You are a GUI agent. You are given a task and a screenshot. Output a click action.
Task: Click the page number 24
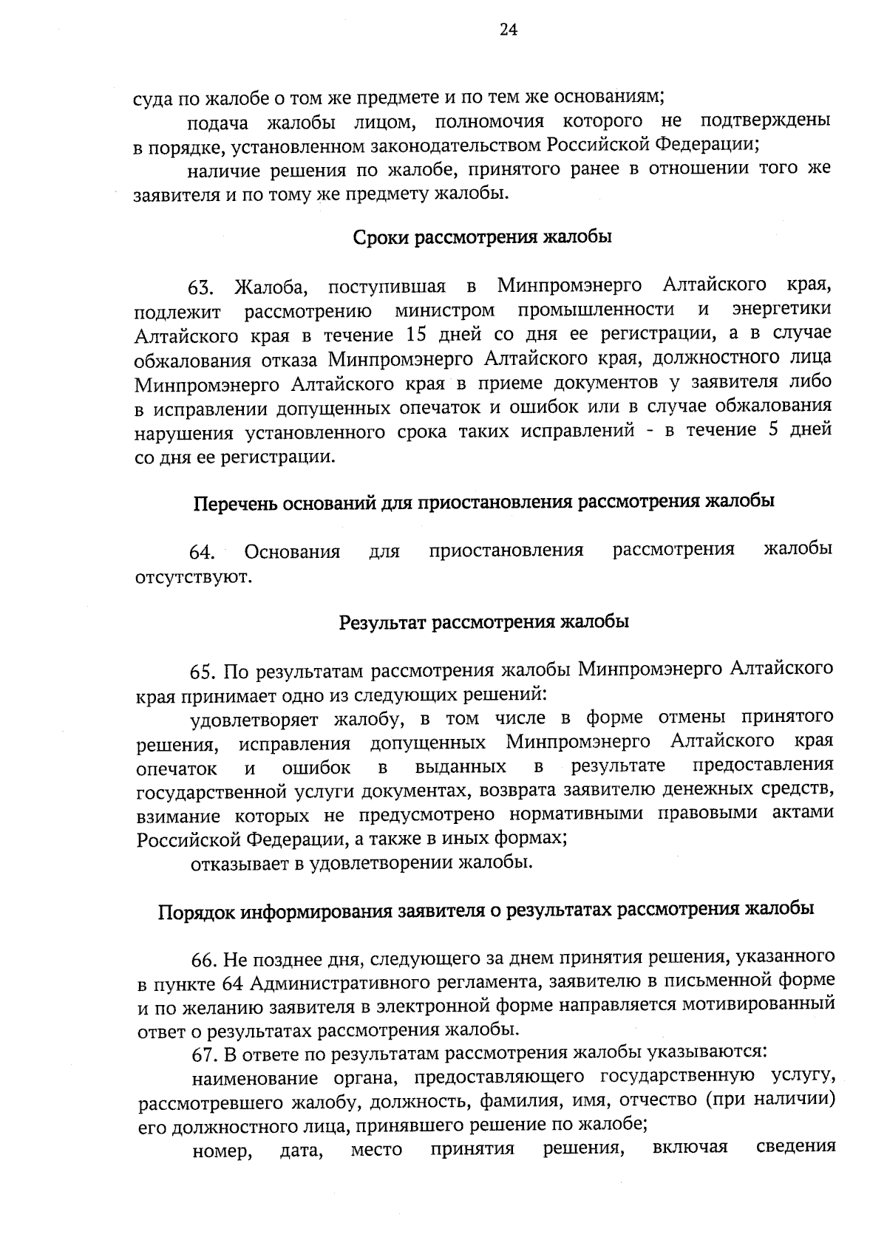[x=509, y=30]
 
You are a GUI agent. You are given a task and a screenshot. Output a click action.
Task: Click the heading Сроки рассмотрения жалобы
[x=482, y=238]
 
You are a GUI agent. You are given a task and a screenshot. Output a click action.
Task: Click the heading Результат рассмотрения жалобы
[x=483, y=622]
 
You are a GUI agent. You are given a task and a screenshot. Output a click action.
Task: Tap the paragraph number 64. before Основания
[x=202, y=553]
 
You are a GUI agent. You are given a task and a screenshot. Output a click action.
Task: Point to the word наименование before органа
[x=254, y=1077]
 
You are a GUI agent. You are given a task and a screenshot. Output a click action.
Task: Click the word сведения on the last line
[x=796, y=1148]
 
